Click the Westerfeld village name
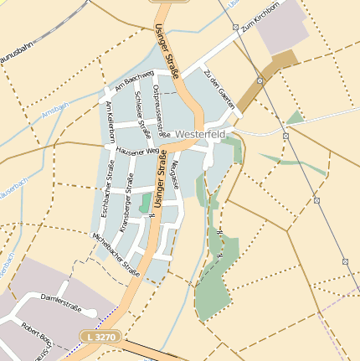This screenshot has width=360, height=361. coord(202,133)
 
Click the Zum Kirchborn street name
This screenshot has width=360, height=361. coord(258,28)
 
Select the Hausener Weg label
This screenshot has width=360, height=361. coord(138,152)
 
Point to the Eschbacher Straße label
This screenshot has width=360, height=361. coord(107,193)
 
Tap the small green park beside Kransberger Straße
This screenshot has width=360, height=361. coord(146,202)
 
